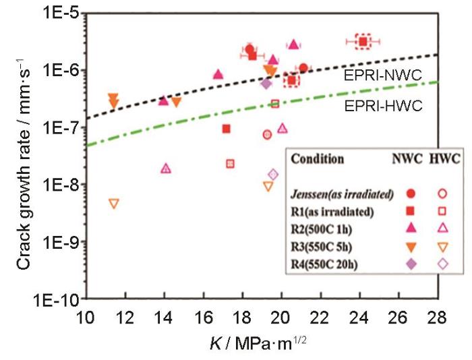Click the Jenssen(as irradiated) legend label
click(x=342, y=194)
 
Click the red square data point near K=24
click(x=363, y=42)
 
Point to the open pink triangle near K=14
click(x=166, y=169)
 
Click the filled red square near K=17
click(x=227, y=129)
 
